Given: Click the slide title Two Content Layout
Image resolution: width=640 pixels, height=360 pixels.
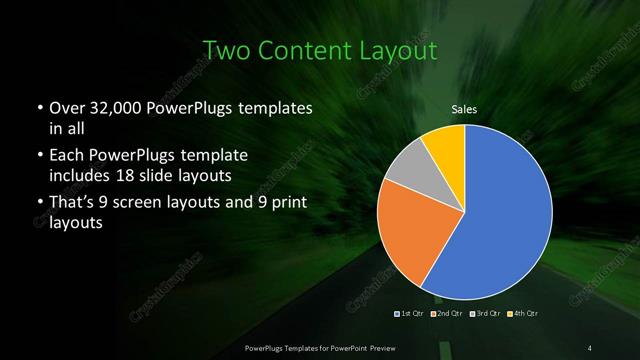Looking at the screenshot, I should (x=319, y=50).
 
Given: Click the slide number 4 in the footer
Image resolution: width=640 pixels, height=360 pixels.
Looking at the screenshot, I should (x=589, y=347).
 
